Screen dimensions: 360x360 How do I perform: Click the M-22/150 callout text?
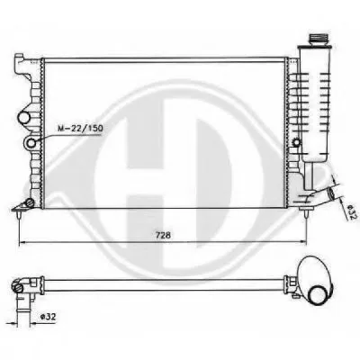coord(80,129)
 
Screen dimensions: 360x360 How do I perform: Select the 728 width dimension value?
coord(163,235)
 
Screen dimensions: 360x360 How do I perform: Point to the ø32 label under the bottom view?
coord(48,317)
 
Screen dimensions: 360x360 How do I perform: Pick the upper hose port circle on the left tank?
coord(24,117)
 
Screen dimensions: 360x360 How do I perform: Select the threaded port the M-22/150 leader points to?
coord(31,143)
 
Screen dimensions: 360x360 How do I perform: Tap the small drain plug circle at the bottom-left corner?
coord(30,202)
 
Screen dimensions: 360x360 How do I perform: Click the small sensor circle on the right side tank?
coord(296,142)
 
